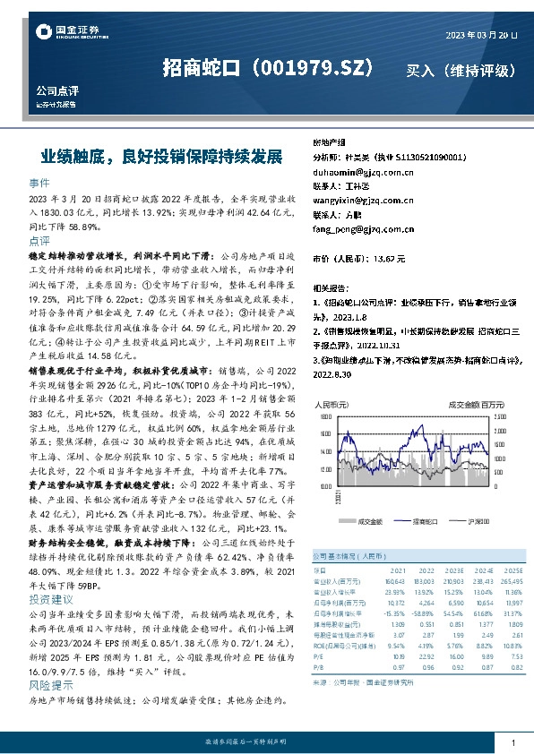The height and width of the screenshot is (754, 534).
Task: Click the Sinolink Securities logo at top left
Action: [67, 33]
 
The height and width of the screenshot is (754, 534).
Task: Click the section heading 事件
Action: [39, 180]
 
